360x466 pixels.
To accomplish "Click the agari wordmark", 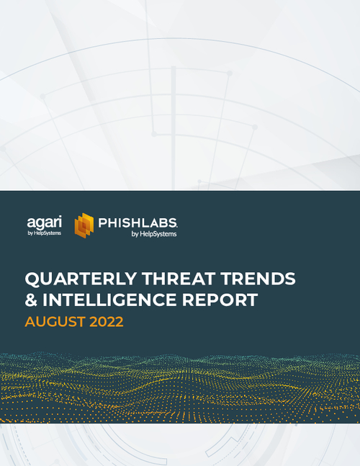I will click(45, 220).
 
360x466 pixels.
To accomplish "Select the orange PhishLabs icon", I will click(85, 225).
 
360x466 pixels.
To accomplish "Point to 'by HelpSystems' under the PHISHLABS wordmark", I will click(154, 233).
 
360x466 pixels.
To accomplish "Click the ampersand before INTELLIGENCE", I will click(31, 300).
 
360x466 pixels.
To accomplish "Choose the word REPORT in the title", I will click(221, 300).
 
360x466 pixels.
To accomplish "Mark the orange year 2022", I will click(107, 322).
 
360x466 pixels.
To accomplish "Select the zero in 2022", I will click(102, 322).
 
